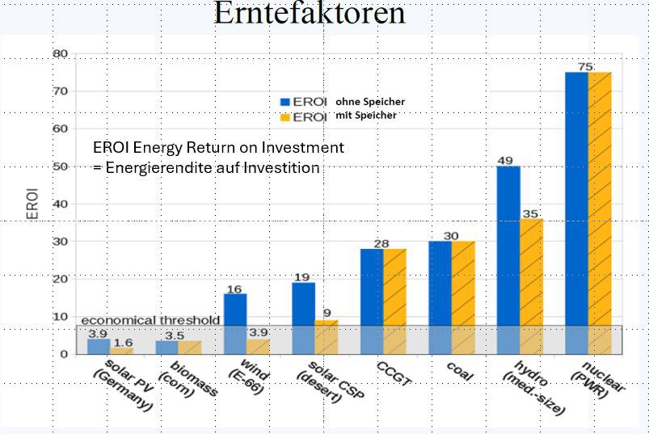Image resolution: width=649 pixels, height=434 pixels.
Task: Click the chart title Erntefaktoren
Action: coord(309,14)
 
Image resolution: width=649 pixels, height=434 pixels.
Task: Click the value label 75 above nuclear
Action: coord(586,66)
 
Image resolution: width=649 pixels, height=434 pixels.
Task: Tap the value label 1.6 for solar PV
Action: coord(123,343)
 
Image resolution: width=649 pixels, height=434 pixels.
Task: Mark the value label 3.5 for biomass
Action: coord(174,335)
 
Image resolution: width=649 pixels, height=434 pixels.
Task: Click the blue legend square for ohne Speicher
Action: coord(284,103)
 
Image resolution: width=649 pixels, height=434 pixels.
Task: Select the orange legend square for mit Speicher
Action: coord(284,117)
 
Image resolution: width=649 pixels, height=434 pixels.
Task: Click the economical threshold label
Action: coord(150,320)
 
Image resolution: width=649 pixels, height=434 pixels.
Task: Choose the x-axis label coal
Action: coord(459,372)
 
